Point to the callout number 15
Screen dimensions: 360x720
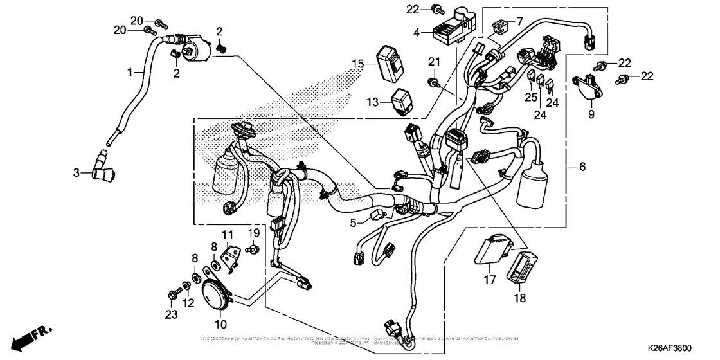357,64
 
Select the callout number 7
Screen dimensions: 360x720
519,21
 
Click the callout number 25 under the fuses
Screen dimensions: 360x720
530,97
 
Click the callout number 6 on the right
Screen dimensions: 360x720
582,166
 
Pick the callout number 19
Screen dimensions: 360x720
254,232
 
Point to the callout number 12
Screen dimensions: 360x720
188,303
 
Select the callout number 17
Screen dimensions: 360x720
490,280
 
